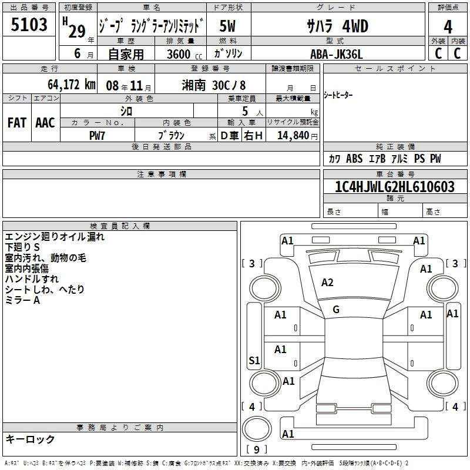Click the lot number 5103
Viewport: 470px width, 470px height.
tap(29, 25)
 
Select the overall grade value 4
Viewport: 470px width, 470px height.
tap(448, 27)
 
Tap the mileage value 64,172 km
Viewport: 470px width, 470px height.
tap(72, 85)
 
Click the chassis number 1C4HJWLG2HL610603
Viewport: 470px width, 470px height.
tap(395, 186)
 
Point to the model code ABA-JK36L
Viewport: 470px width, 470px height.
tap(337, 54)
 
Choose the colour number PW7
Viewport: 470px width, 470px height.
tap(97, 136)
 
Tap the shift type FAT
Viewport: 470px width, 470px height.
tap(17, 123)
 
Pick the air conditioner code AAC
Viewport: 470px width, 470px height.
tap(45, 123)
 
